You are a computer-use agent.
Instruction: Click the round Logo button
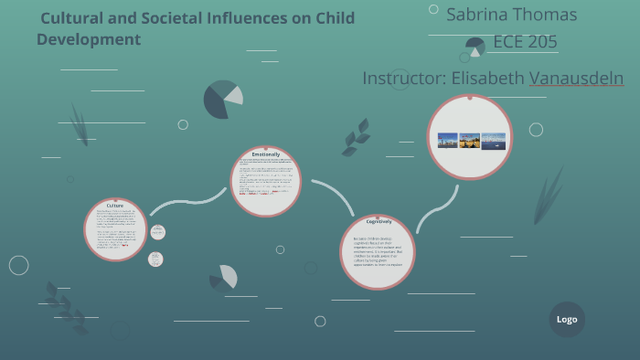[x=567, y=319]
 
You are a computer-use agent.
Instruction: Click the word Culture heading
[x=115, y=206]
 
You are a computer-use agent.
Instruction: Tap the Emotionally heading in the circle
[x=265, y=154]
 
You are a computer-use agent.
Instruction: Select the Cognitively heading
[x=379, y=221]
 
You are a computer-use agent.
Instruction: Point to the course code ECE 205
[x=525, y=42]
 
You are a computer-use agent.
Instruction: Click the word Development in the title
[x=89, y=39]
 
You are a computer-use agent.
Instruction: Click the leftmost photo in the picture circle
[x=447, y=141]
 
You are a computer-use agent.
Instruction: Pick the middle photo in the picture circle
[x=470, y=141]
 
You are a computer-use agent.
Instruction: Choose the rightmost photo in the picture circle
[x=493, y=141]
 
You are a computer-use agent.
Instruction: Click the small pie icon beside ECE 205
[x=475, y=47]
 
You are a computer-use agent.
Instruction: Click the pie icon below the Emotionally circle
[x=223, y=278]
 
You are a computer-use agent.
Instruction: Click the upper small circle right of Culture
[x=157, y=232]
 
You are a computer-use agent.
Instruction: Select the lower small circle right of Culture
[x=155, y=259]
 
